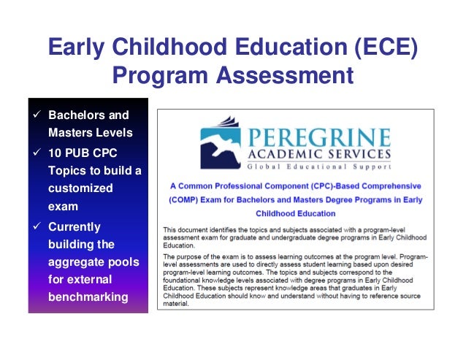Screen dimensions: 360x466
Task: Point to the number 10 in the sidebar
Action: click(x=55, y=153)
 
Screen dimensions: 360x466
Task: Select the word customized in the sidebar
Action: click(x=80, y=188)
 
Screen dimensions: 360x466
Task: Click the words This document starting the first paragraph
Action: click(x=187, y=229)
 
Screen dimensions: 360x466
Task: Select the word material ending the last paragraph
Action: click(x=178, y=304)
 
